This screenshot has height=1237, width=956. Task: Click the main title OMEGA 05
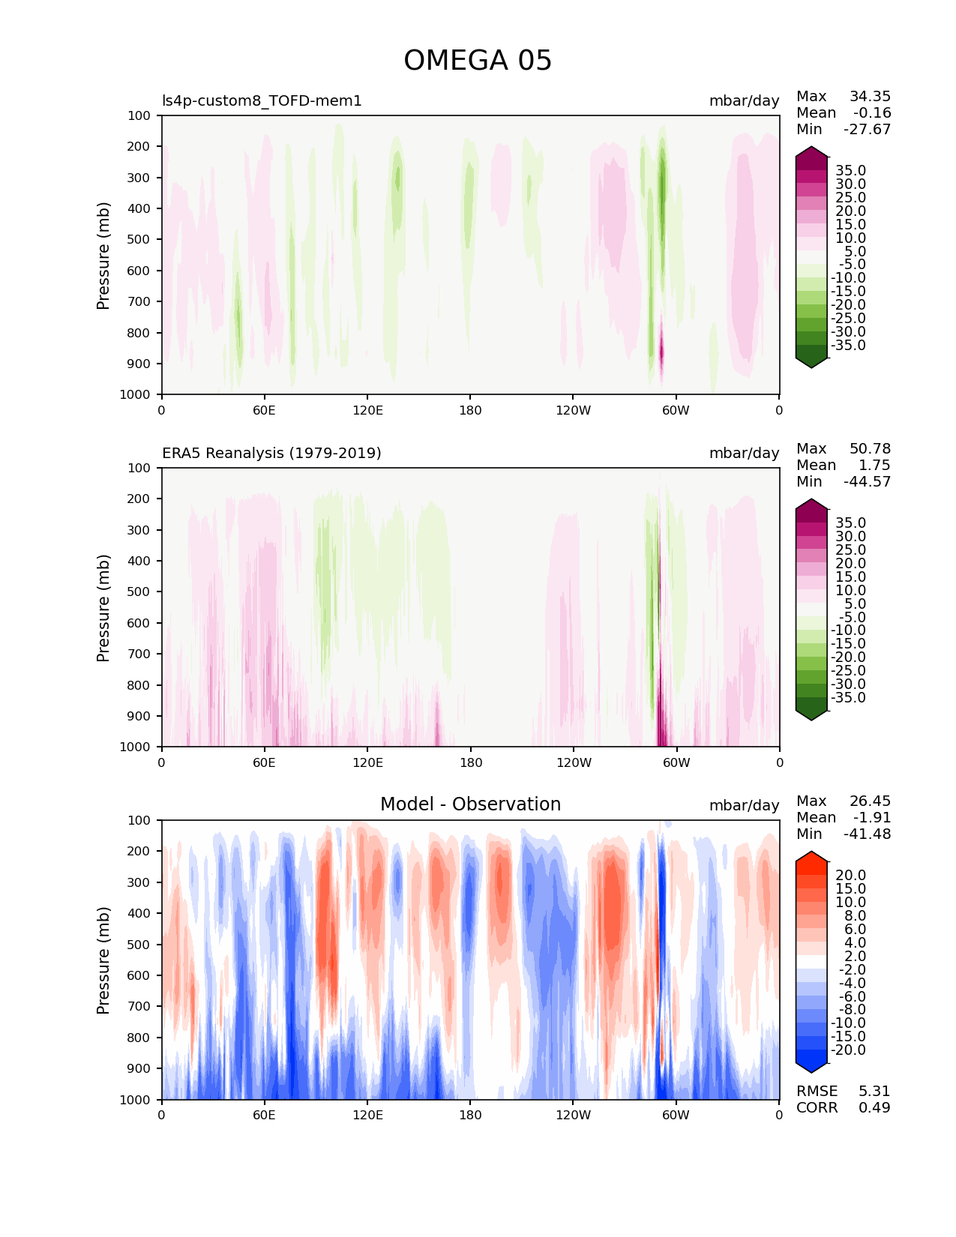tap(478, 61)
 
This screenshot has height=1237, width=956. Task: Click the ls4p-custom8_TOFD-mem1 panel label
tap(262, 100)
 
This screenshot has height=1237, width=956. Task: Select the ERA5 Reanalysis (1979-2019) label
tap(271, 453)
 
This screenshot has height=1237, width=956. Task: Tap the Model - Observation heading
tap(470, 804)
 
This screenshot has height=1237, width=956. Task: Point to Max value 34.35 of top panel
tap(870, 97)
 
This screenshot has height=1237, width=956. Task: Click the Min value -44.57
tap(867, 482)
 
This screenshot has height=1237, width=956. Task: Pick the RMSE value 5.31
tap(874, 1091)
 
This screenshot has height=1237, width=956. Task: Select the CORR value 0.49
tap(874, 1107)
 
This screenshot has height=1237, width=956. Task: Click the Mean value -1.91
tap(871, 818)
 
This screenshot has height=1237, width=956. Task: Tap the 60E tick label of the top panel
tap(264, 410)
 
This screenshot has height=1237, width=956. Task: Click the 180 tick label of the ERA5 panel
tap(470, 762)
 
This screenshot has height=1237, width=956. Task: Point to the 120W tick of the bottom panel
tap(573, 1115)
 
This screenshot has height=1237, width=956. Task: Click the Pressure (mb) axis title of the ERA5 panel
tap(103, 608)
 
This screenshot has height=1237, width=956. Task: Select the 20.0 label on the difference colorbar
tap(850, 876)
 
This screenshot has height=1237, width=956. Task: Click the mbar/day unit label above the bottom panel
tap(744, 805)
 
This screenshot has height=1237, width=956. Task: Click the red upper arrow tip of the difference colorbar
tap(811, 855)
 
